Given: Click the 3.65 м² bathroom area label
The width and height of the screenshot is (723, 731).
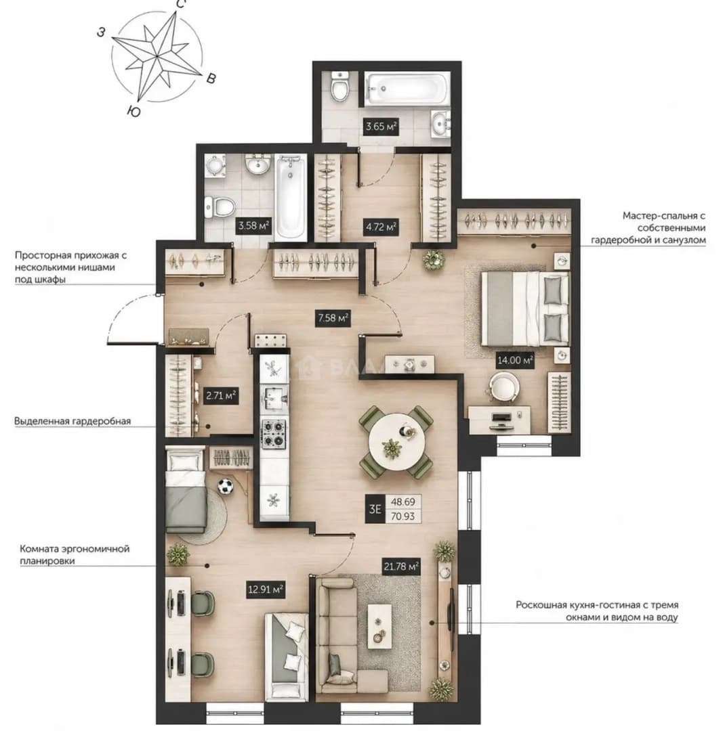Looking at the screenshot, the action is point(381,127).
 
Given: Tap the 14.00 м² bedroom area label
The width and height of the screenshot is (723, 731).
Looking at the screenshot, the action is point(515,360).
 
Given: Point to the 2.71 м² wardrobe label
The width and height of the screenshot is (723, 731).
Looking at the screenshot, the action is point(221,396).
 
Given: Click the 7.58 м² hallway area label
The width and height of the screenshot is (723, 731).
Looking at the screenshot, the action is point(333,318).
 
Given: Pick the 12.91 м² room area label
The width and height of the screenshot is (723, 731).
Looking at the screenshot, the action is point(266,590).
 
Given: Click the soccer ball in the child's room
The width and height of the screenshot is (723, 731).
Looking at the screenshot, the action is point(226,487).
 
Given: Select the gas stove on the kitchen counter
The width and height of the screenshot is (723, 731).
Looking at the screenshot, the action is point(274,434).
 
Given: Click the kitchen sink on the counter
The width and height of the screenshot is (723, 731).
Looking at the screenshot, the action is point(274,398).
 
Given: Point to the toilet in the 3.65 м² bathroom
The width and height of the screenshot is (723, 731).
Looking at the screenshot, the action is point(339,86).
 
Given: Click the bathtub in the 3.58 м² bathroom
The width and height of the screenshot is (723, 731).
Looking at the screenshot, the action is point(290,199).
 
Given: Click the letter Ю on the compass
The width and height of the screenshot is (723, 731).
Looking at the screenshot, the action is point(134,111).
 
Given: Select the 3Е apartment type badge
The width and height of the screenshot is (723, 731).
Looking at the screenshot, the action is point(375,508).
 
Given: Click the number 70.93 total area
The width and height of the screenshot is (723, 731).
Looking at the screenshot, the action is point(402,516).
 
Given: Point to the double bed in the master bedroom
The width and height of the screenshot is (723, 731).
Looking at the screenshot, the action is point(525,309).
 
